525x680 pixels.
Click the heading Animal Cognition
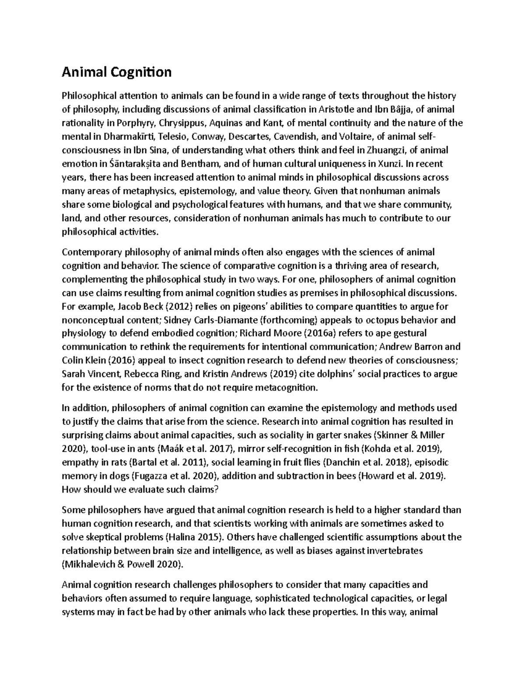(x=116, y=72)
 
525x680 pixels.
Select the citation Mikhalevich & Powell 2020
(x=121, y=564)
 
